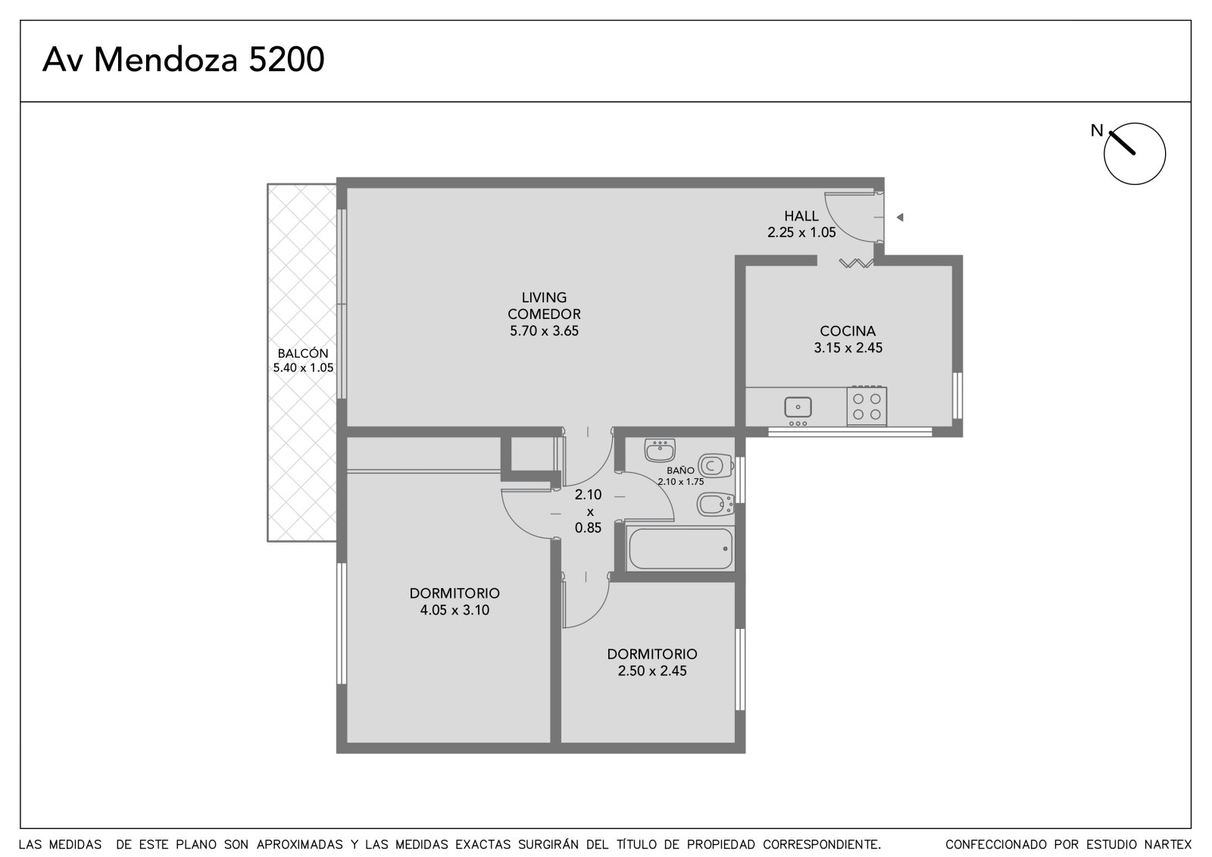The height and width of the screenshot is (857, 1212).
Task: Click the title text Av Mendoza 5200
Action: (183, 60)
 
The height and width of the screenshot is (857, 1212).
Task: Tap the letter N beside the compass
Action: (1096, 130)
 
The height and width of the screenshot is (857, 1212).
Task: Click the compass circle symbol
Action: (1135, 154)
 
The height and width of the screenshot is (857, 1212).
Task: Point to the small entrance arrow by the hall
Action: (900, 217)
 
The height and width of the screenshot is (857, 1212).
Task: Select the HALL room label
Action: (801, 216)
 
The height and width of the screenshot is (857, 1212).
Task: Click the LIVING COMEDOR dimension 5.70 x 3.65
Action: (544, 331)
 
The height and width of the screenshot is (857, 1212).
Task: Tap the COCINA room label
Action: (848, 331)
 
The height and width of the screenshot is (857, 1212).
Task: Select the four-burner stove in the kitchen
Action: (867, 406)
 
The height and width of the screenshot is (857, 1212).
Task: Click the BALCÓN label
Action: (303, 354)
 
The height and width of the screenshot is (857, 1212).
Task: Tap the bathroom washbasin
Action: (660, 449)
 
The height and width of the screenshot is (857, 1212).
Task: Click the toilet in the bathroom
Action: (715, 465)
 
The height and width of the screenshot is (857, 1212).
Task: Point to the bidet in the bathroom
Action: (715, 505)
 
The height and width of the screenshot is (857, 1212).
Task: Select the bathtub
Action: (681, 549)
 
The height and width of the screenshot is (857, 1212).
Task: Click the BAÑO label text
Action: (680, 471)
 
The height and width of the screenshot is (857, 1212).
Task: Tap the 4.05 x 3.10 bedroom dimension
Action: (454, 610)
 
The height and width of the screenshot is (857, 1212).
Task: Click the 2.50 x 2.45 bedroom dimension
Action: (652, 671)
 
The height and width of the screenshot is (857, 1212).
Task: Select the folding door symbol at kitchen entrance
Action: (856, 263)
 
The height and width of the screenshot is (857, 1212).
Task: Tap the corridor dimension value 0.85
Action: (588, 527)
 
